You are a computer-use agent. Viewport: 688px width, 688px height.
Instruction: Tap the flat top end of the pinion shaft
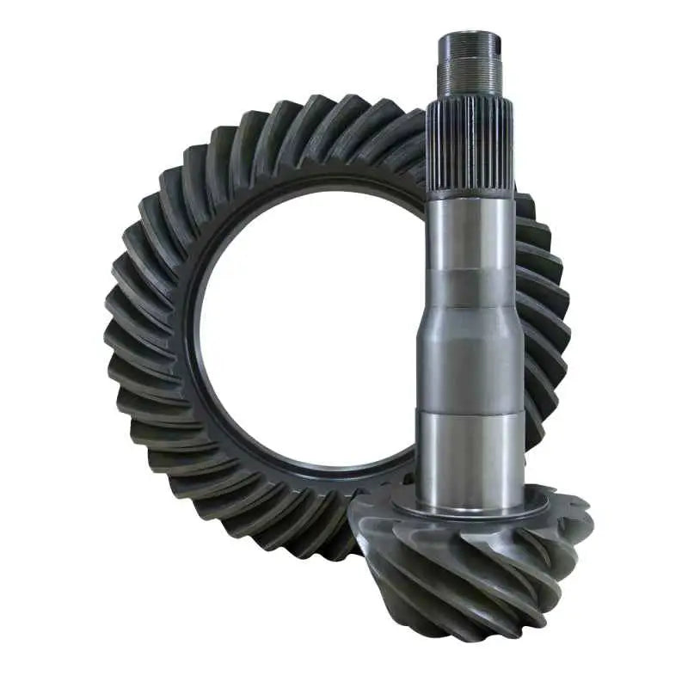[x=470, y=35]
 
